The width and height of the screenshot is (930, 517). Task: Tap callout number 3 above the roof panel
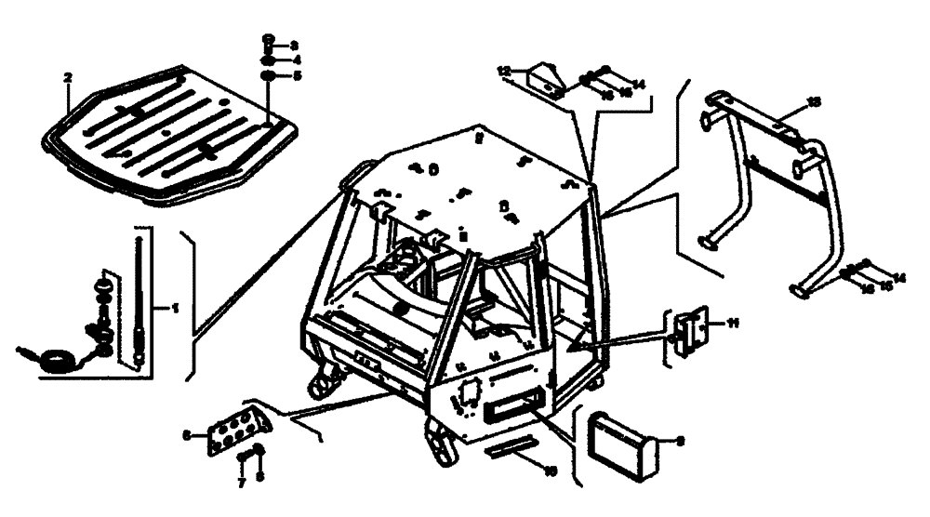(x=294, y=45)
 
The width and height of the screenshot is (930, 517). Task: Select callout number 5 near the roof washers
(x=297, y=76)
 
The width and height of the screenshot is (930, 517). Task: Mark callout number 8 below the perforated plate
(x=259, y=475)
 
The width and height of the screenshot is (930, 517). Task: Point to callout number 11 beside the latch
(x=732, y=323)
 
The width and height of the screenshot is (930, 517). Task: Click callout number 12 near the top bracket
(x=503, y=71)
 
